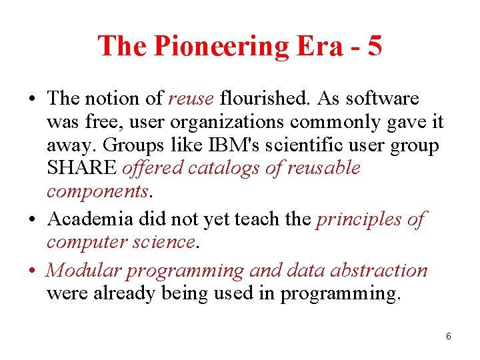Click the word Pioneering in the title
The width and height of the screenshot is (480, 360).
220,47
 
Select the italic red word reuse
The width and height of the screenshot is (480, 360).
191,99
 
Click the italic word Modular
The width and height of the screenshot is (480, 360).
83,271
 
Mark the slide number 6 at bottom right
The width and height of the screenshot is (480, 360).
449,336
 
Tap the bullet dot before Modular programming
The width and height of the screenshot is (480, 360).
33,271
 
